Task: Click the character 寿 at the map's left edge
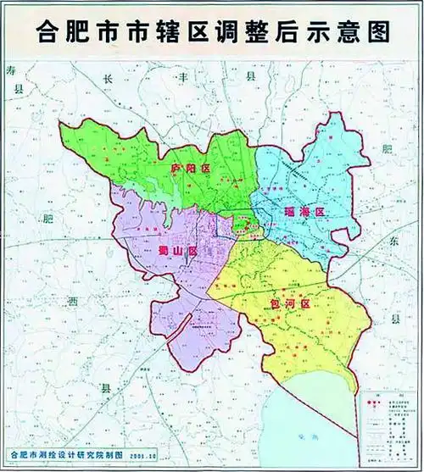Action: point(10,69)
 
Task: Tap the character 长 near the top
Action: point(108,76)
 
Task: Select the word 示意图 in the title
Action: point(358,31)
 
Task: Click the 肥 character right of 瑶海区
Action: point(388,149)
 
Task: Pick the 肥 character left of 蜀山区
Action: point(48,219)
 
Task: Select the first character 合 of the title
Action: point(49,31)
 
